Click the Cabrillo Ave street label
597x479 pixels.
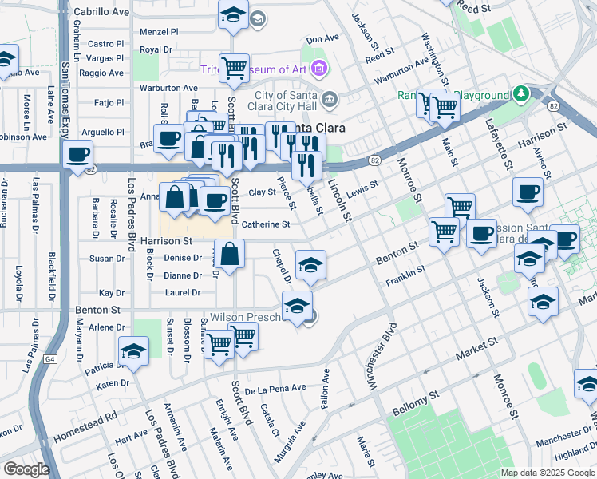pos(101,13)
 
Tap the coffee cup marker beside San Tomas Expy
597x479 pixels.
pos(77,155)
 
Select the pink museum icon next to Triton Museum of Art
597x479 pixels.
pos(318,69)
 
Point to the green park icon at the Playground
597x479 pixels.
pos(522,94)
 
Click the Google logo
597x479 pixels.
pos(26,469)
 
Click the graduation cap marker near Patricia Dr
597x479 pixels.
pos(133,351)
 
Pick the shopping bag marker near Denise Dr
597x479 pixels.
pos(229,255)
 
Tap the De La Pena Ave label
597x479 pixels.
pos(275,389)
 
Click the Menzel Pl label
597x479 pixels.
pos(159,32)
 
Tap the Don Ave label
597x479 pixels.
pos(323,38)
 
